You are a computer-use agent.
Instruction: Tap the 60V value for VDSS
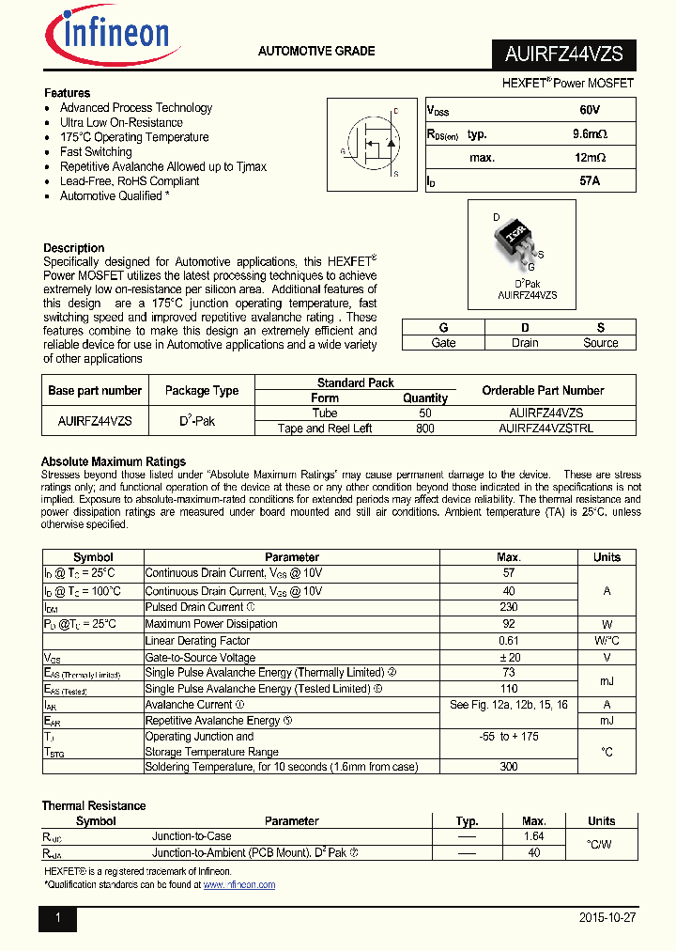590,110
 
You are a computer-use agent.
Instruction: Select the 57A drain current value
590,180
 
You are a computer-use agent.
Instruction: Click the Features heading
68,93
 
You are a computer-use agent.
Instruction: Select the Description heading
74,248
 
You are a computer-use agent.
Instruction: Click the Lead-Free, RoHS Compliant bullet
130,181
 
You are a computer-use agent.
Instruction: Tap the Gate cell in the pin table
443,343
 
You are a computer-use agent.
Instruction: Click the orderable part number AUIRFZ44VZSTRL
545,429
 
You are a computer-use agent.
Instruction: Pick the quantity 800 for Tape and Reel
424,429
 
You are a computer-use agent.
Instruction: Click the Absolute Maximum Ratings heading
114,461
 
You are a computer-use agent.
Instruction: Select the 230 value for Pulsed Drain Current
509,608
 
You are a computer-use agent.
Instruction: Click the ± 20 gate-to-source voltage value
509,658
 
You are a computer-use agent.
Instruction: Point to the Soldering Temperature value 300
509,767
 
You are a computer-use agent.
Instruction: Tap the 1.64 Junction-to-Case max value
533,836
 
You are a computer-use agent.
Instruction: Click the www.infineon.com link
239,885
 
